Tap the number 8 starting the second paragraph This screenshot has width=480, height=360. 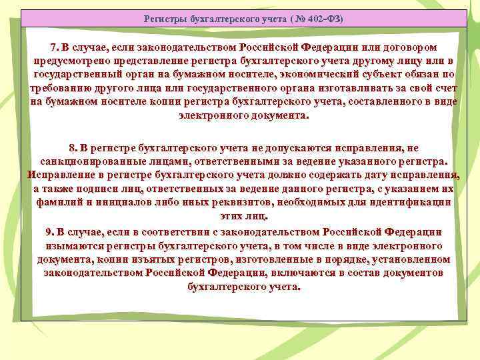(x=72, y=148)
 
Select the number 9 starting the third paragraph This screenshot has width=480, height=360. (x=49, y=231)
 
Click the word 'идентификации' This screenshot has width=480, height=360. (x=409, y=203)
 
